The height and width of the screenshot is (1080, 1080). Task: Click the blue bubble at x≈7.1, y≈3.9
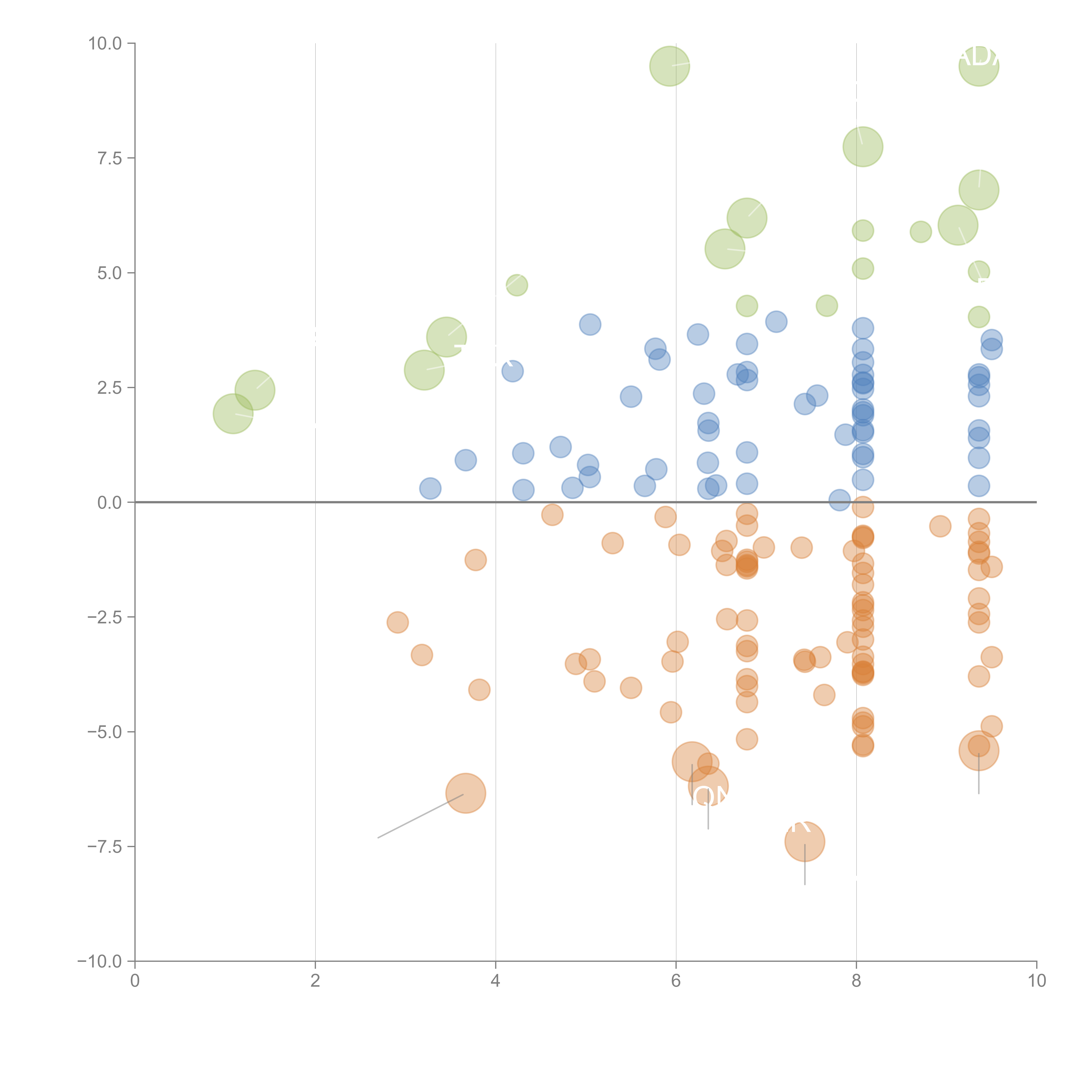click(776, 321)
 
